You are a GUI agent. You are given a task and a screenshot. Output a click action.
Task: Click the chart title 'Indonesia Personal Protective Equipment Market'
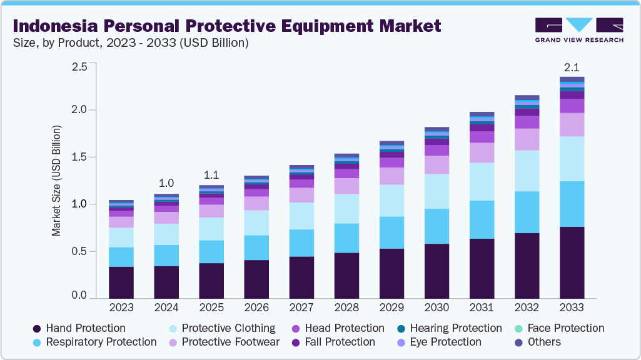[226, 26]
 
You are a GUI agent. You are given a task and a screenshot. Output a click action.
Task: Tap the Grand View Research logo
[578, 30]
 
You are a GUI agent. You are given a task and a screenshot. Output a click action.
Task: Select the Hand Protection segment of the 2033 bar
[572, 262]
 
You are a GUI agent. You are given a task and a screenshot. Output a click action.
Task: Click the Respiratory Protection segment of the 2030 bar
[437, 226]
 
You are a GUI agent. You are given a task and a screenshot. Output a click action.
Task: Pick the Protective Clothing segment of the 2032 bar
[527, 171]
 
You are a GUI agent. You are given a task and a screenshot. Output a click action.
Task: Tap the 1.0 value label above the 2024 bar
[166, 183]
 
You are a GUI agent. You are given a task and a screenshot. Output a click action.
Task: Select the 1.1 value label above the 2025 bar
[211, 174]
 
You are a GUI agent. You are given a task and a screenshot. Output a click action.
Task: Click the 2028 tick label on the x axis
[346, 307]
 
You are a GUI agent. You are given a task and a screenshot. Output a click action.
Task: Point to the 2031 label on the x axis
[482, 307]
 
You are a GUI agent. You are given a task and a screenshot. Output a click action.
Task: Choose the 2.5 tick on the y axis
[79, 67]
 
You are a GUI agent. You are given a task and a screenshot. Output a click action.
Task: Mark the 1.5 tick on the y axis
[79, 157]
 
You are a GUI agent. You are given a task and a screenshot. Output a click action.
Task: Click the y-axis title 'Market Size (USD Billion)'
[56, 181]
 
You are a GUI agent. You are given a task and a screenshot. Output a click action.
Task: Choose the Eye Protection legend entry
[443, 342]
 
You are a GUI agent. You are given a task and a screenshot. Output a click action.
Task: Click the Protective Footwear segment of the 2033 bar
[572, 124]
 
